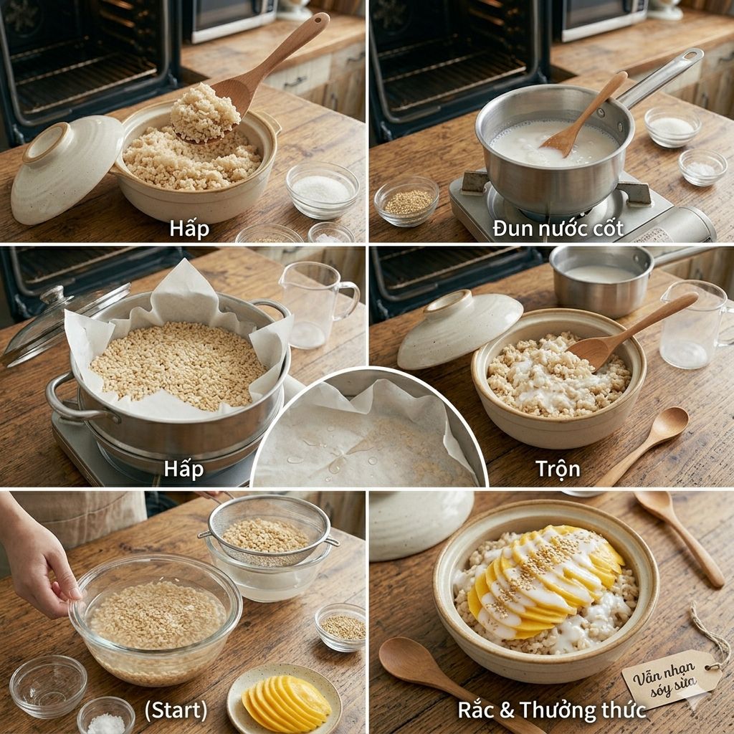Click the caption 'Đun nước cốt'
point(558,229)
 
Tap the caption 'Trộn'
point(558,468)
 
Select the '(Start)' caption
point(176,710)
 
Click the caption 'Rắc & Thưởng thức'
point(551,710)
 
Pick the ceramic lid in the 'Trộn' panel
point(459,328)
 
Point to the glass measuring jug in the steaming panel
point(318,305)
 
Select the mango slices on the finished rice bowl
point(545,581)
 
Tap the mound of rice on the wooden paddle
point(204,113)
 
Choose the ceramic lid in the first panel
point(65,168)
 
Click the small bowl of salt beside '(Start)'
point(106,716)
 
